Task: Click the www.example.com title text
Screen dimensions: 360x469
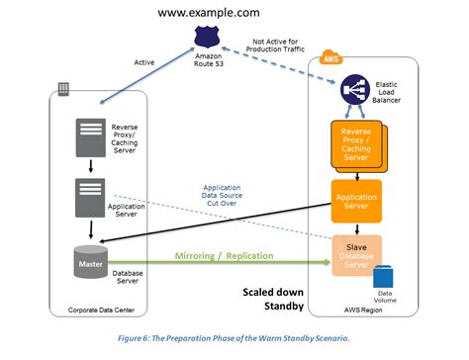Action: pyautogui.click(x=208, y=13)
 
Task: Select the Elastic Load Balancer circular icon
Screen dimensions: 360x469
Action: pyautogui.click(x=352, y=92)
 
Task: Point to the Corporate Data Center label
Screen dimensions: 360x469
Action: pyautogui.click(x=98, y=311)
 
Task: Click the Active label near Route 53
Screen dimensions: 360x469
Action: pyautogui.click(x=143, y=61)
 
